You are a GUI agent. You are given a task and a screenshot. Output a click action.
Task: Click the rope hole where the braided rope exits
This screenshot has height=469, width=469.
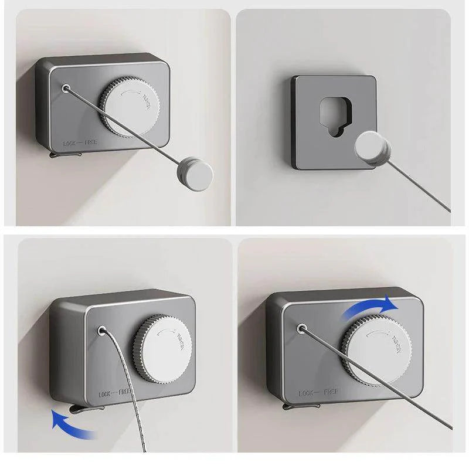click(x=103, y=331)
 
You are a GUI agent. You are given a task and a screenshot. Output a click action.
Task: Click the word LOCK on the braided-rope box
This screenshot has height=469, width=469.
click(x=108, y=394)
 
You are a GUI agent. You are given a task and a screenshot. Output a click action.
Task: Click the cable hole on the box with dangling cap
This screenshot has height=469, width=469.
click(x=66, y=89)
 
